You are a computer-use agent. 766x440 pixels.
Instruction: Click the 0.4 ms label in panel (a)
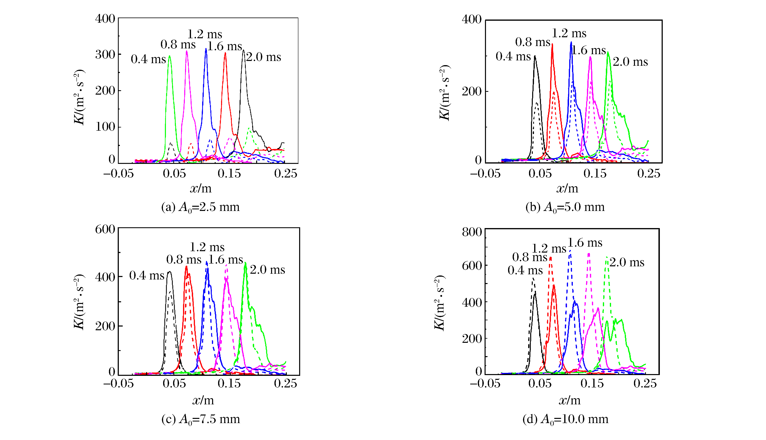(148, 59)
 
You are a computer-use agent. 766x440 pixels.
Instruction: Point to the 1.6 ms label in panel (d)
(585, 243)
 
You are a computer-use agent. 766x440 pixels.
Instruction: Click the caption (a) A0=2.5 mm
(200, 207)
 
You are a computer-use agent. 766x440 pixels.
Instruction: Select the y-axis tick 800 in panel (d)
(472, 232)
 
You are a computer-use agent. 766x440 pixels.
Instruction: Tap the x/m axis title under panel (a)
(201, 189)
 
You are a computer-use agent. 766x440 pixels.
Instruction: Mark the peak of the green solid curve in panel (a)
(169, 56)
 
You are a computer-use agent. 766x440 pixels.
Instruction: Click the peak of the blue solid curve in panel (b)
(571, 42)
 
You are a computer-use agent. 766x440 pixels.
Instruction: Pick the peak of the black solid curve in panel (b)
(535, 56)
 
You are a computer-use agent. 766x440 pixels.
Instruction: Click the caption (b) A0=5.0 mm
(565, 207)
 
